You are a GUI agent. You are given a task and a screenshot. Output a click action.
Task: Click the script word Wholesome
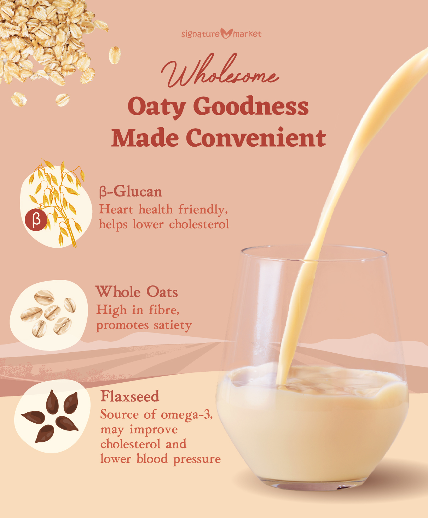point(220,71)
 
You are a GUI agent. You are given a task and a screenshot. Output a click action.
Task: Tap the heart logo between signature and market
point(226,34)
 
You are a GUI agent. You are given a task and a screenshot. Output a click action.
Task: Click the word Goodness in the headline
point(251,106)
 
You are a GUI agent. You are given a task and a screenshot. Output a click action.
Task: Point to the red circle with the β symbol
point(36,220)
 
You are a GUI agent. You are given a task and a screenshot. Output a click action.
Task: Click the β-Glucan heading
point(131,192)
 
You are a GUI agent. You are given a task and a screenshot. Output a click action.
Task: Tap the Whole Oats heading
point(137,292)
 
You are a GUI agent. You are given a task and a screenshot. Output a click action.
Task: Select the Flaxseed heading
point(130,396)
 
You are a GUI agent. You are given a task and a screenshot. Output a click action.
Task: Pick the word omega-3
point(187,415)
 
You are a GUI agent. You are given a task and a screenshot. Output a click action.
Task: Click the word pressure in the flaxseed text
point(197,459)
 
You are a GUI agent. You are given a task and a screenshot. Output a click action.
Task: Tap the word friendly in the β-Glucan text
point(203,209)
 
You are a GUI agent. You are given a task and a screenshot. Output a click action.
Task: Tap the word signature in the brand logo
point(201,34)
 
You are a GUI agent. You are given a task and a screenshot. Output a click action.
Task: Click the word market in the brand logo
point(247,34)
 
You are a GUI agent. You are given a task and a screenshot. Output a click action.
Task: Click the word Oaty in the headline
point(157,107)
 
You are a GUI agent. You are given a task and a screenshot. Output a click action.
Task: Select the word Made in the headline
point(145,137)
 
